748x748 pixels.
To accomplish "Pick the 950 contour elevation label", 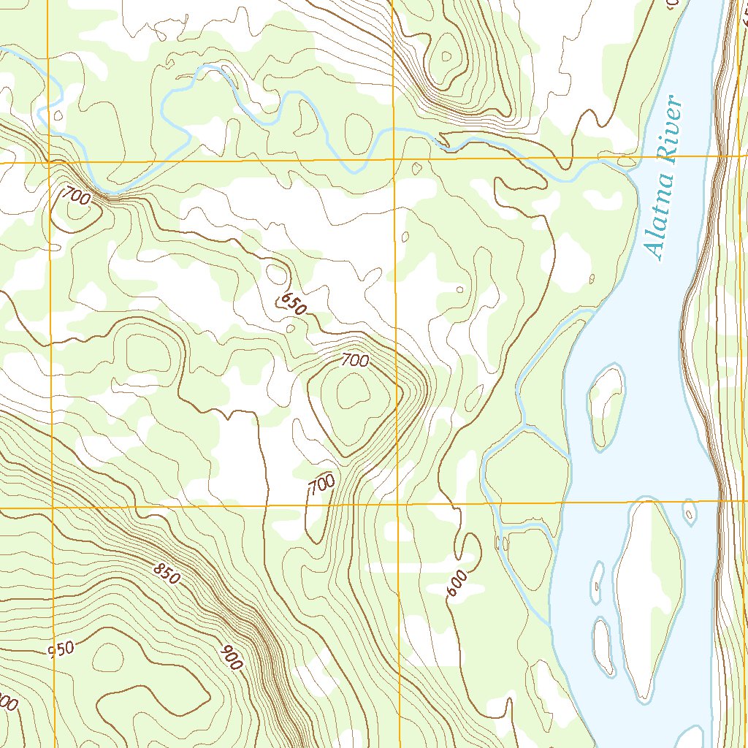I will (61, 649).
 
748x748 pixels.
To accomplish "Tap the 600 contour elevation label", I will (456, 584).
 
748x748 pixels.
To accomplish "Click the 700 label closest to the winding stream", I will (75, 195).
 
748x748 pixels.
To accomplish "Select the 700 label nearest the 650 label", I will (355, 359).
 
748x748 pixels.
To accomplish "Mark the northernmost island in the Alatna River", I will (606, 405).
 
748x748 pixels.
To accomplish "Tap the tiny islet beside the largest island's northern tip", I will (689, 511).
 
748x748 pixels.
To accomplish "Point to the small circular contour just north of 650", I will (276, 274).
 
